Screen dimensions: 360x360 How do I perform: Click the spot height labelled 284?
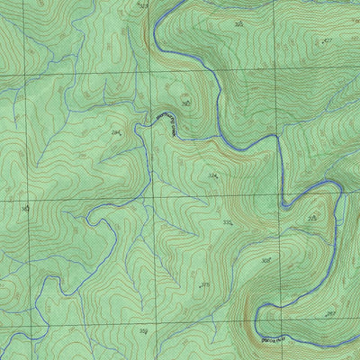coord(116,132)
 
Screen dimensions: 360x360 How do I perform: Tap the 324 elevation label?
coord(213,175)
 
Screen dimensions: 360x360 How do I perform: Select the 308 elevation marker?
coord(265,260)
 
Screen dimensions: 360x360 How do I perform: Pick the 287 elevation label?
coord(330,313)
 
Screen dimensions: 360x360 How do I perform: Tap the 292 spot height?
coord(184,103)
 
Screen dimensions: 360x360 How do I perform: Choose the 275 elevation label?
coord(311,218)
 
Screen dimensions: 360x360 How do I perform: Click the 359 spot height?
coord(144,331)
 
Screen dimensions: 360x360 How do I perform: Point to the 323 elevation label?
coord(143,5)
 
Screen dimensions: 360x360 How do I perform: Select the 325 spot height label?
coord(238,24)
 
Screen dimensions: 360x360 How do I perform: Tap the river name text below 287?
coord(274,340)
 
